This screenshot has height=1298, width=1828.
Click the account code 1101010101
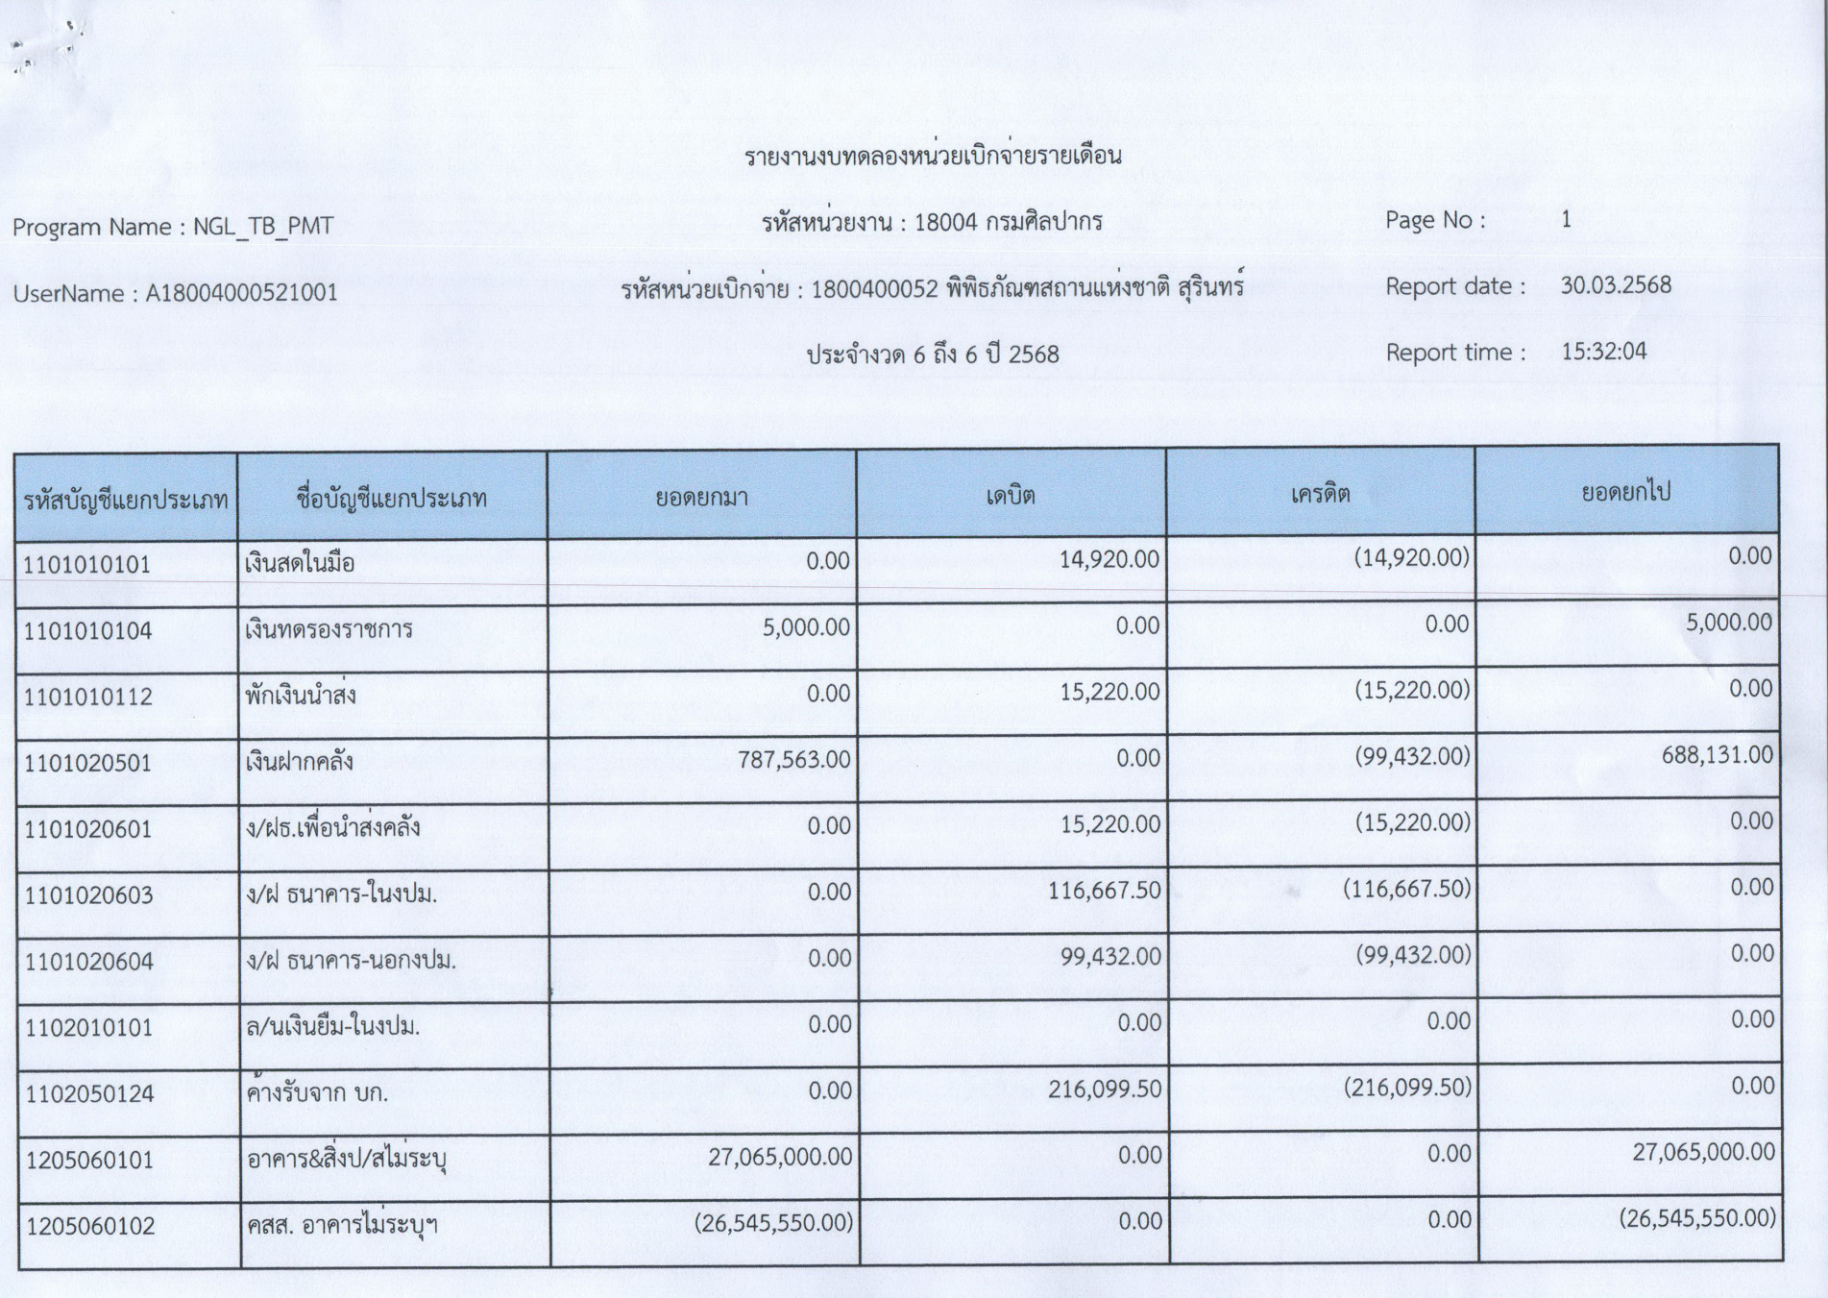(87, 565)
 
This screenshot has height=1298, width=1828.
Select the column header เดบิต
(1011, 496)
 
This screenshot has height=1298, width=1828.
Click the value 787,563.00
(793, 760)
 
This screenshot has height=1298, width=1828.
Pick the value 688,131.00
(1717, 755)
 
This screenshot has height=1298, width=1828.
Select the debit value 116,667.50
(1104, 891)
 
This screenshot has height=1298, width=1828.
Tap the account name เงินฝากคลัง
(299, 762)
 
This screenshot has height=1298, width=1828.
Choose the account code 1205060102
(89, 1227)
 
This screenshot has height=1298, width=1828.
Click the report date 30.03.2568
(1616, 285)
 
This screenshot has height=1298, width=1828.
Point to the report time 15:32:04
(1603, 352)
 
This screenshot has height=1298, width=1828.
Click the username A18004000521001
(241, 293)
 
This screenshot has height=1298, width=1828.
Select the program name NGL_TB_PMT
(263, 227)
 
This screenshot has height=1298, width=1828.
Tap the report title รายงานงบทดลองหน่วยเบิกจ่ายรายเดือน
(933, 157)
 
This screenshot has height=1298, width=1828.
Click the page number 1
(1566, 220)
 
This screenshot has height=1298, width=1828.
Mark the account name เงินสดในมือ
(300, 563)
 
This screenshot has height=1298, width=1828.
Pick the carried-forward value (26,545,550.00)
(1696, 1218)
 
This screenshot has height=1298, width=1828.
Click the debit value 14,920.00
(1109, 559)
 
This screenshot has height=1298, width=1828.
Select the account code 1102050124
(89, 1094)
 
